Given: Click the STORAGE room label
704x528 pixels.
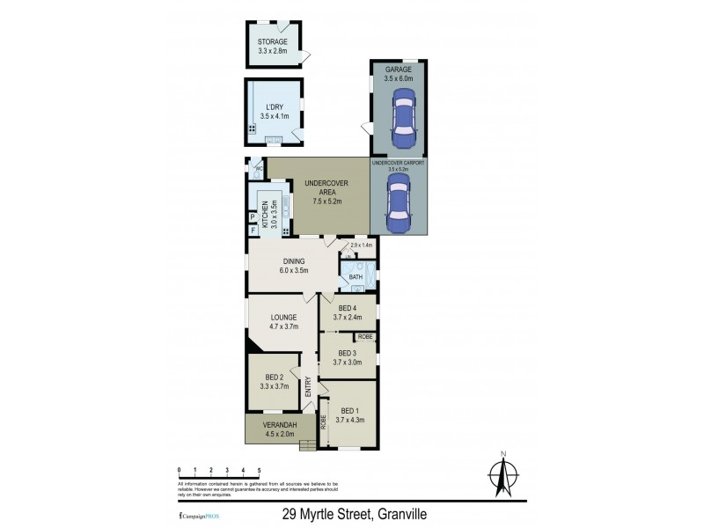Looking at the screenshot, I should click(x=273, y=47).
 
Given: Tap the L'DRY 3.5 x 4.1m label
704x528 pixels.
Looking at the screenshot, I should click(x=274, y=110).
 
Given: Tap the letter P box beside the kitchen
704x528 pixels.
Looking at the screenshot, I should click(x=253, y=216).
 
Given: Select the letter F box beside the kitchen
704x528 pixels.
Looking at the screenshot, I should click(x=253, y=231).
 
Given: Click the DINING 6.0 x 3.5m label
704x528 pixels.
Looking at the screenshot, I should click(x=293, y=266).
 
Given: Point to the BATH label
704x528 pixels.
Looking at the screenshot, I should click(x=356, y=278).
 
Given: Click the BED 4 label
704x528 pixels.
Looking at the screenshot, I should click(x=347, y=312).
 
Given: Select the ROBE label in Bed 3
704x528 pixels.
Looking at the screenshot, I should click(x=364, y=337).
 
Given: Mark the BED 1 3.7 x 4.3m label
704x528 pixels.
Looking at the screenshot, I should click(x=350, y=415).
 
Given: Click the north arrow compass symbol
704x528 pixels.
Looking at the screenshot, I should click(x=502, y=476).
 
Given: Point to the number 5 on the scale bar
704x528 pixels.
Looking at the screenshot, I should click(x=259, y=472).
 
